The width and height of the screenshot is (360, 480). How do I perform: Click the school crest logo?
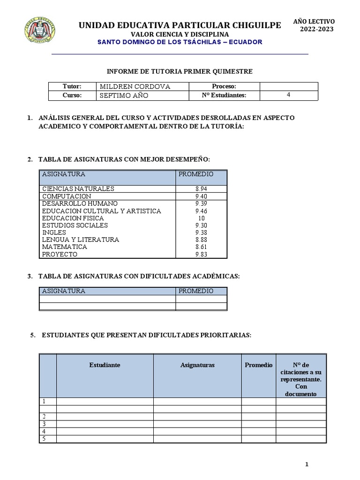coord(40,30)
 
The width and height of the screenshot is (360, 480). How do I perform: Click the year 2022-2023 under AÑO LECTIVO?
coord(316,30)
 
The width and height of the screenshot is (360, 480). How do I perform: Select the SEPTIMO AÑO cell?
coord(124,96)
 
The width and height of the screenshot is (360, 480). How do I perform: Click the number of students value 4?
coord(288,95)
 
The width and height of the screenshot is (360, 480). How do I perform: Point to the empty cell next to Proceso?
coord(288,87)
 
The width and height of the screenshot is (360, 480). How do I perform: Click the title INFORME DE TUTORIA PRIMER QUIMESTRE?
coord(180,71)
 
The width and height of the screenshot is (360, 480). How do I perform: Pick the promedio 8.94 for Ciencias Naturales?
coord(201,189)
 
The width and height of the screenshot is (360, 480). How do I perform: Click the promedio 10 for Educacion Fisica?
coord(201,218)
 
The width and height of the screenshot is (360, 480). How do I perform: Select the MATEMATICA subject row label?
coord(64,247)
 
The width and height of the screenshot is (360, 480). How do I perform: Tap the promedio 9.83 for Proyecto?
coord(201,255)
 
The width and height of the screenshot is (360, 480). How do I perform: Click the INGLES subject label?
coord(54,232)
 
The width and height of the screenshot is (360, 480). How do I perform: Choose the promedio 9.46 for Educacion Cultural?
coord(201,211)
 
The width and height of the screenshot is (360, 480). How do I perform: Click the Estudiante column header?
coord(105,365)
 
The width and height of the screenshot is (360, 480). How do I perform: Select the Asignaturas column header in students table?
coord(197,365)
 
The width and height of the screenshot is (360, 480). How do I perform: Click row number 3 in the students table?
coord(44,424)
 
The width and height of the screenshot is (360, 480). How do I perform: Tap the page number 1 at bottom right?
coord(307,465)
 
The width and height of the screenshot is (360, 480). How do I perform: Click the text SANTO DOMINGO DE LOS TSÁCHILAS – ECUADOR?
coord(180,42)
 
